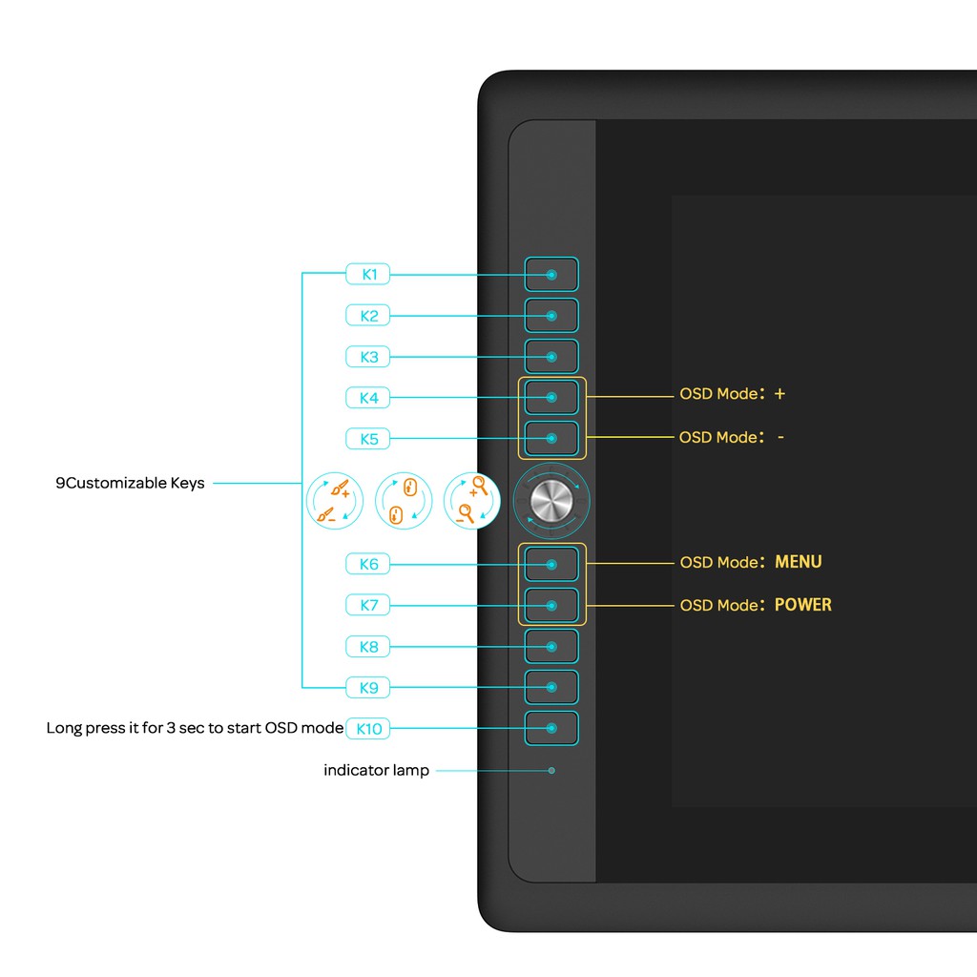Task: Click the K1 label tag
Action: [x=368, y=275]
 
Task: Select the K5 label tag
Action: [x=368, y=439]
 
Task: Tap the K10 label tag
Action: [x=368, y=729]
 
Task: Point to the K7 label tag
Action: [x=368, y=605]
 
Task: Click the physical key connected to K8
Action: [x=551, y=646]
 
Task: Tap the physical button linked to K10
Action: [x=551, y=728]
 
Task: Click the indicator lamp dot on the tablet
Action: [x=551, y=770]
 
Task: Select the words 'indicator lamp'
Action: [x=377, y=770]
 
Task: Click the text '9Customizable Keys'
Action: [x=130, y=483]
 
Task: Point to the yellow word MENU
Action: [x=798, y=562]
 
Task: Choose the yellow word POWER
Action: [x=802, y=605]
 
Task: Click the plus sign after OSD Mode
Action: [x=780, y=393]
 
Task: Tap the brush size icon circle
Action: [x=335, y=502]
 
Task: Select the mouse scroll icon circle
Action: [x=404, y=502]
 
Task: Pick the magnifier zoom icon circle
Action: [x=472, y=502]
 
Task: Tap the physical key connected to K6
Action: [x=551, y=564]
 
